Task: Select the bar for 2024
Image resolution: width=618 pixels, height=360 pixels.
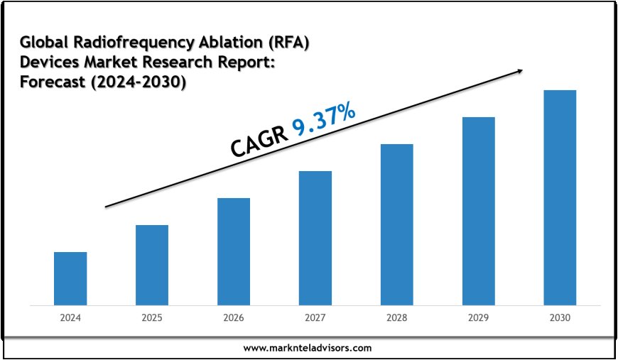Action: pos(70,278)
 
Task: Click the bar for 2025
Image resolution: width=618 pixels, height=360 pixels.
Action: pos(152,265)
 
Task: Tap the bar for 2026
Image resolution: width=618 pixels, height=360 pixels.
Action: pos(234,251)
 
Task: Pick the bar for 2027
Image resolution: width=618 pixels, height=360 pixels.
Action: pos(315,238)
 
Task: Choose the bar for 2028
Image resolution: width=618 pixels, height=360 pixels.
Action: pos(396,224)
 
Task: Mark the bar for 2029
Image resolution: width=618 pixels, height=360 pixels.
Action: pos(478,211)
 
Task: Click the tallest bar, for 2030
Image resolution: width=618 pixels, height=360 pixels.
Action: pos(560,197)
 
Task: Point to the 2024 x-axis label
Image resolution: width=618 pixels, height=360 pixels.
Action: pos(70,319)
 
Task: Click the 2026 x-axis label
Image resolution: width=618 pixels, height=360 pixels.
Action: pos(234,319)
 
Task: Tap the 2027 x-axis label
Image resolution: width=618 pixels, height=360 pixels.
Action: pos(315,319)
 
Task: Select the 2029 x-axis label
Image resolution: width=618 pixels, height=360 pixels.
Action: pos(478,319)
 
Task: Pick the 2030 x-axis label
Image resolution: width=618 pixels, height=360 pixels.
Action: pos(560,319)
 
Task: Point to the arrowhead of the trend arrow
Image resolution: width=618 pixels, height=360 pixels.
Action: pos(520,70)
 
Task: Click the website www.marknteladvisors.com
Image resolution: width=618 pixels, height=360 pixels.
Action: pos(308,348)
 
